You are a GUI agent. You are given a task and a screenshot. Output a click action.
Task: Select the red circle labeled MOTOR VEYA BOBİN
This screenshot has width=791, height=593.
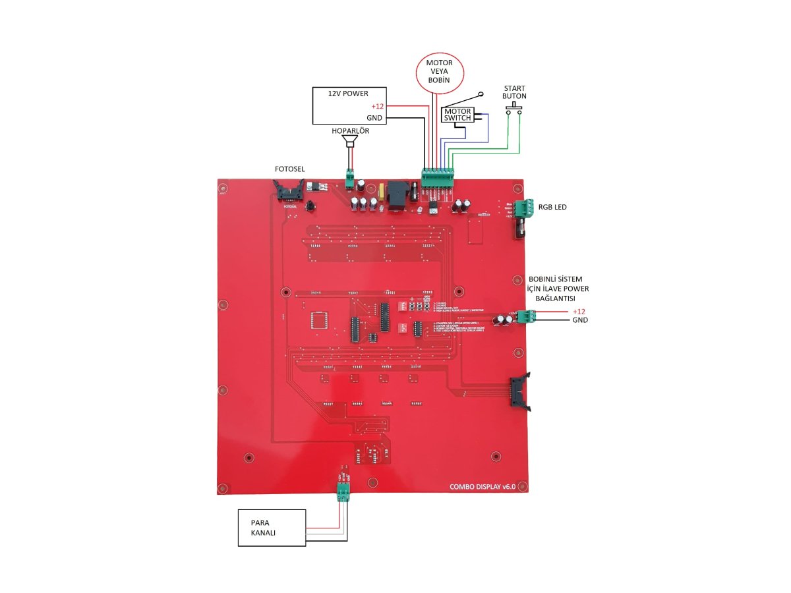pos(439,72)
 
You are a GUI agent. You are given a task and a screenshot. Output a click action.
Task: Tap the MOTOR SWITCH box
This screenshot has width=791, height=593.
pos(458,115)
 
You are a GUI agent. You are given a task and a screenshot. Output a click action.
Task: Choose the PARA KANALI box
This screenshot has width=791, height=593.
pos(272,527)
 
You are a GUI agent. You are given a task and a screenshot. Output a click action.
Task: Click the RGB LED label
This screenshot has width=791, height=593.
pos(551,208)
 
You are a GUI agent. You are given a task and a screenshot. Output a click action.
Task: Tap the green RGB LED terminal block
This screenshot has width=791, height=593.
pos(525,208)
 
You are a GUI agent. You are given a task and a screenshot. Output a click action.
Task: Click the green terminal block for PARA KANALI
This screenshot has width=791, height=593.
pos(343,492)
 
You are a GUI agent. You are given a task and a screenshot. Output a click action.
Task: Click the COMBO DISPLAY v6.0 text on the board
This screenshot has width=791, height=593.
pos(486,487)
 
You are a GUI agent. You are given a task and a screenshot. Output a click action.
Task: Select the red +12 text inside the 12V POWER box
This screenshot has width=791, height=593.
pos(377,107)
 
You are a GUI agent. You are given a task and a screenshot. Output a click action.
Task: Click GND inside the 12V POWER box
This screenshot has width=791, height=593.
pos(374,118)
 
